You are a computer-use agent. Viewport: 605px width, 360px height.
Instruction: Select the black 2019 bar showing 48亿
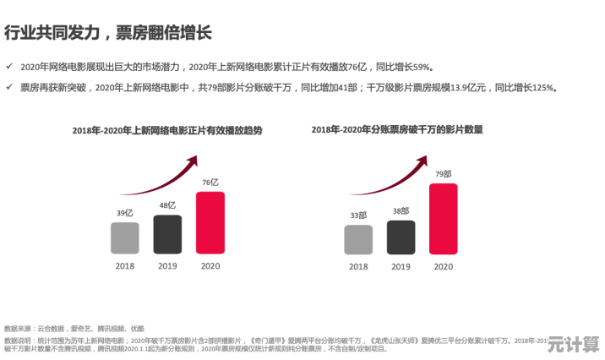tap(166, 234)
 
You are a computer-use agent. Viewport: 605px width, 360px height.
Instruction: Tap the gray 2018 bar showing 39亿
tap(124, 238)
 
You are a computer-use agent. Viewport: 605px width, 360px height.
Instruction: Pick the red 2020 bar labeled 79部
tap(444, 219)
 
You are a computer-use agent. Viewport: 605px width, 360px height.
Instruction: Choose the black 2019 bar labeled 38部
tap(401, 237)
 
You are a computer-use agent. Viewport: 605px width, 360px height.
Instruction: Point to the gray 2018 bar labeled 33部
tap(358, 240)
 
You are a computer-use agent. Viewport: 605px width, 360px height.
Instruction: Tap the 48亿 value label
tap(166, 205)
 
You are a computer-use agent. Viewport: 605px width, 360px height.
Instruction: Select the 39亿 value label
tap(124, 213)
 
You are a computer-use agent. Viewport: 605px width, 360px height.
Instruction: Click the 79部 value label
tap(444, 174)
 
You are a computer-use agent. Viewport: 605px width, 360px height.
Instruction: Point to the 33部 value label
tap(358, 215)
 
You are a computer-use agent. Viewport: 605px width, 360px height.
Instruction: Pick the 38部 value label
tap(401, 211)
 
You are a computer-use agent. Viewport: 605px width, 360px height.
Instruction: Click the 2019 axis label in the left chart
tap(166, 265)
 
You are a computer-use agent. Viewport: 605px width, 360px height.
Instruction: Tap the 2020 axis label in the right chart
tap(444, 266)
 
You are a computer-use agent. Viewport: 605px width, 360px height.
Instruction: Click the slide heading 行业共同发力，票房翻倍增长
tap(107, 34)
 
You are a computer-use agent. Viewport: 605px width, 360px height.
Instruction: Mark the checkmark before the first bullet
tap(9, 66)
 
